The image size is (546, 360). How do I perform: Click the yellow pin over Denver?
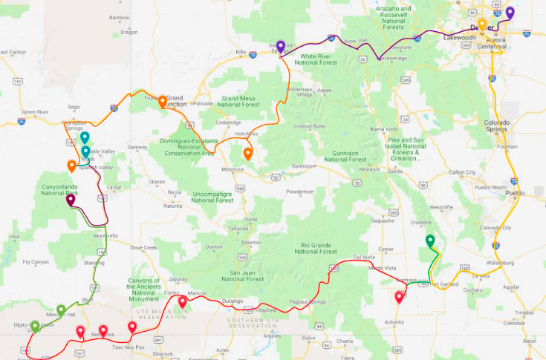point(482,25)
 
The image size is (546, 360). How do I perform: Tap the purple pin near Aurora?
point(510,13)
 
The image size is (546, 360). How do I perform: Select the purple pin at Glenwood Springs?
point(280,46)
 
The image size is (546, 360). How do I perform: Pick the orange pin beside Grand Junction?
point(162,102)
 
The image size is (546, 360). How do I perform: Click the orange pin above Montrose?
point(248,154)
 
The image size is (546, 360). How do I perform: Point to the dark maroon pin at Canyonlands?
point(71,200)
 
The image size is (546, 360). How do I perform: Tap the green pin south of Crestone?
point(430,241)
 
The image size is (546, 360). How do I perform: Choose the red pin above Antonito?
point(400,298)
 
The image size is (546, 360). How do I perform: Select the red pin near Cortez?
point(182,302)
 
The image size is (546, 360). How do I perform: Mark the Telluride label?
point(238,229)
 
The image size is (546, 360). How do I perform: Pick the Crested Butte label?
point(311,126)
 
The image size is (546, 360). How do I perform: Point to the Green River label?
point(35,112)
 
